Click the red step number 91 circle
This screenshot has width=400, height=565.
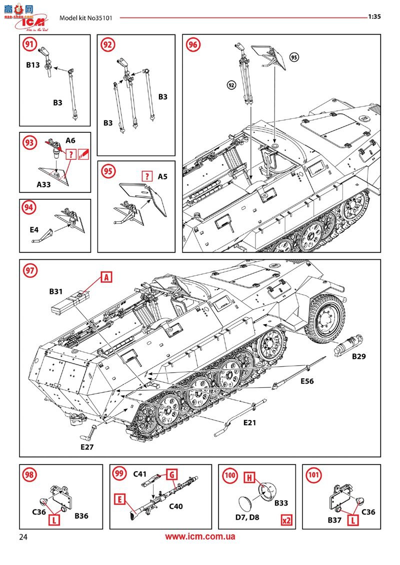point(30,44)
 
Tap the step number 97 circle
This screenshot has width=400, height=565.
point(30,270)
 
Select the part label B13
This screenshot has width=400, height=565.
point(33,65)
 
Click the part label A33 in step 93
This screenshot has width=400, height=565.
point(44,184)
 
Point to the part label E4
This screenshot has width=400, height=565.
point(34,230)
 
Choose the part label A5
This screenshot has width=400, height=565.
point(162,176)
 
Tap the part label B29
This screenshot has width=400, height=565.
point(359,357)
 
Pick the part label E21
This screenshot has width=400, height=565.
point(249,423)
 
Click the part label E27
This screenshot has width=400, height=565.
point(87,447)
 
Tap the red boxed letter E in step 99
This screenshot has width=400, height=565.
point(119,498)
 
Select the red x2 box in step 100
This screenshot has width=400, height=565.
point(286,520)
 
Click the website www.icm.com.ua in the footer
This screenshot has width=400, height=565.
point(200,537)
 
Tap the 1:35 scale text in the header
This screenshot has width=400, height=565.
point(374,16)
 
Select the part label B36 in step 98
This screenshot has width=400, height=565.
point(81,516)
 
